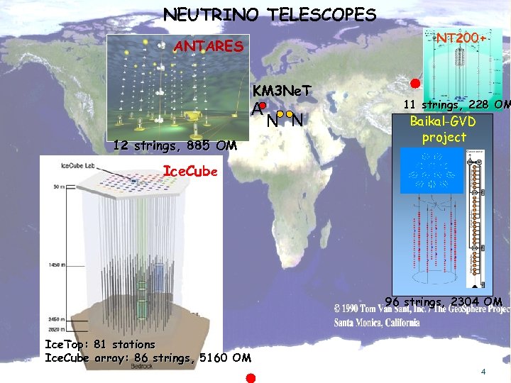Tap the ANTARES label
click(x=209, y=47)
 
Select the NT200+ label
click(x=461, y=36)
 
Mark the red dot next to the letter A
click(x=262, y=105)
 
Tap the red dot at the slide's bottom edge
click(x=250, y=377)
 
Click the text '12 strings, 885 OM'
click(x=175, y=146)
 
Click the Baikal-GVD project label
click(x=444, y=128)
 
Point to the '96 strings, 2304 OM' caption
click(x=444, y=301)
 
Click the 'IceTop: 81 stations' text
click(x=99, y=344)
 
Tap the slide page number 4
click(x=483, y=372)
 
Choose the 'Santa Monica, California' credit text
click(x=376, y=322)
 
